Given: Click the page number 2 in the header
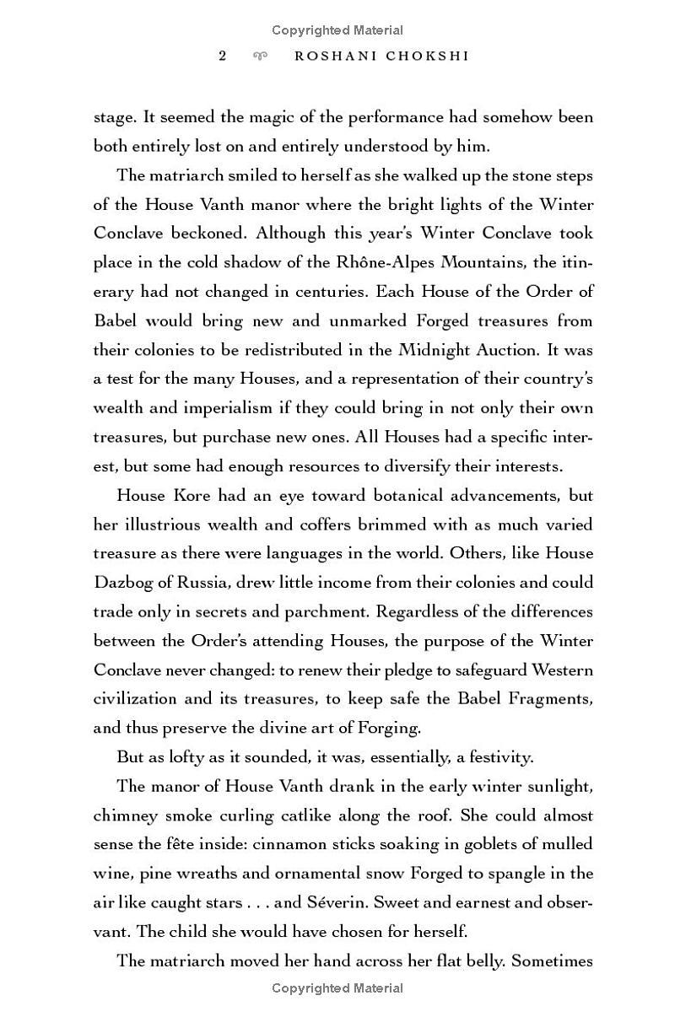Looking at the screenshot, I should pos(223,56).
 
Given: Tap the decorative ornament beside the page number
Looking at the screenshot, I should pos(261,56).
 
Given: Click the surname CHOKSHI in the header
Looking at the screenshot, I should pos(428,56).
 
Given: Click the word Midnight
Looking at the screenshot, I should pos(435,350).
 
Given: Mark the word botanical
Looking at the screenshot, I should pos(359,495).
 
